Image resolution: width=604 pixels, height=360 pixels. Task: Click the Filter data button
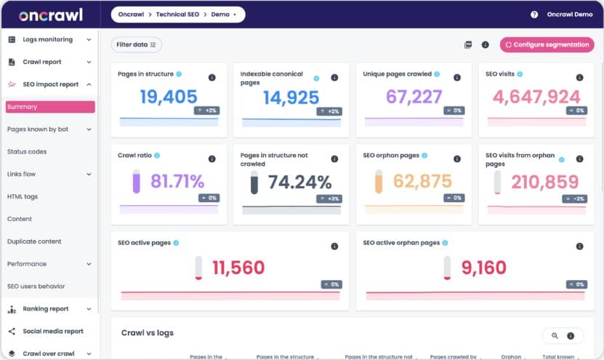(x=136, y=44)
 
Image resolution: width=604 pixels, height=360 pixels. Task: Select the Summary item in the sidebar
(x=50, y=107)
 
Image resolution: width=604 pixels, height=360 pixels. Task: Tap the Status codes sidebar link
(x=27, y=151)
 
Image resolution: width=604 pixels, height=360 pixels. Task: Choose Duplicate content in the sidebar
(x=34, y=241)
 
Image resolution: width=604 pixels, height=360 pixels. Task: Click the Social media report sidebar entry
(x=52, y=331)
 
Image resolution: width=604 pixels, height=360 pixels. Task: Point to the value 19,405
(x=168, y=97)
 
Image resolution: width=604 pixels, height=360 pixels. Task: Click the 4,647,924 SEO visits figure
(x=536, y=97)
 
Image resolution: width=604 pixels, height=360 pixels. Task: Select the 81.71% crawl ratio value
(x=177, y=182)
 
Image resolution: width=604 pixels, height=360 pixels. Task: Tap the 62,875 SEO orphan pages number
(x=422, y=182)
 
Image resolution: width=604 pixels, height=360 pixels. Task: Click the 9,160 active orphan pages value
(x=483, y=268)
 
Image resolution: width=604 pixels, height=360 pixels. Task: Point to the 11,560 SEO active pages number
(x=238, y=268)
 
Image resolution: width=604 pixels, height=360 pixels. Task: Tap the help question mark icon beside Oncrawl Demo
(x=534, y=15)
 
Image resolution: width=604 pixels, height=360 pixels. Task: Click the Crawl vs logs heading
(x=147, y=333)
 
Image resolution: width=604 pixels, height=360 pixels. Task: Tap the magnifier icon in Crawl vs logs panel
(x=555, y=335)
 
